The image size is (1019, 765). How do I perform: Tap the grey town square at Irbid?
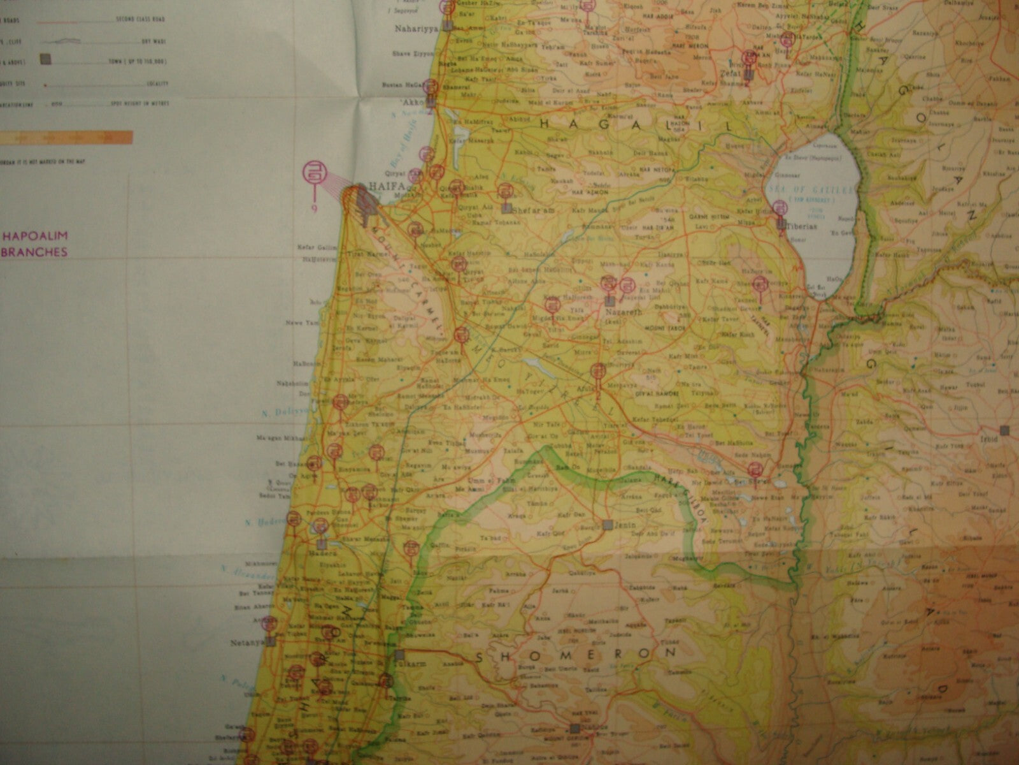click(1005, 430)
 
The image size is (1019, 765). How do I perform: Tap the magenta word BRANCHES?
click(37, 252)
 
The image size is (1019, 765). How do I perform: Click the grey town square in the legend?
click(46, 60)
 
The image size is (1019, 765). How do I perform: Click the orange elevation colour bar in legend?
click(67, 137)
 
